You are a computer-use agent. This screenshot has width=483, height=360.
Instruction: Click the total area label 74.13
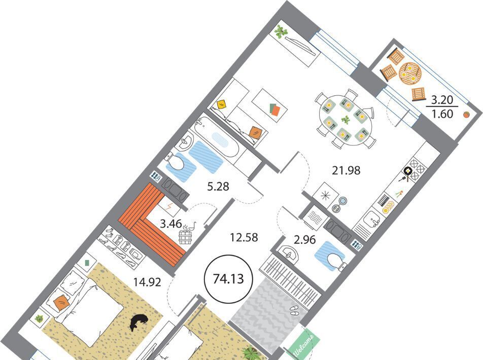[x=228, y=279]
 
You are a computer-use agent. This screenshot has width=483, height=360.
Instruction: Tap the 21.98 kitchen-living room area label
[x=346, y=170]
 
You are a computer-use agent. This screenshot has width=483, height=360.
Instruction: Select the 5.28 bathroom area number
[x=218, y=186]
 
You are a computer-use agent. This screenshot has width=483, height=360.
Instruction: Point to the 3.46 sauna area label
[x=171, y=224]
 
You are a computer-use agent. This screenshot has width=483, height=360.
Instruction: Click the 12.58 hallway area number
[x=244, y=237]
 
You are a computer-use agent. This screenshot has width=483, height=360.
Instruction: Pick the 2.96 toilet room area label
[x=304, y=239]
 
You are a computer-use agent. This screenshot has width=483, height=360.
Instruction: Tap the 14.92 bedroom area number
[x=147, y=282]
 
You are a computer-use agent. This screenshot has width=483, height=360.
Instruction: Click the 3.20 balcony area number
[x=442, y=100]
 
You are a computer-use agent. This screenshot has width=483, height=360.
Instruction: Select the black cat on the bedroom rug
[x=139, y=322]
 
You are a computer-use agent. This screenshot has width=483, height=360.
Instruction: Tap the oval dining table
[x=346, y=119]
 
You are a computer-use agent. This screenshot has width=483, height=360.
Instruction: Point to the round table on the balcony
[x=410, y=74]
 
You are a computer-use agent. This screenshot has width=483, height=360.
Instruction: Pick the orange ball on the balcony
[x=466, y=115]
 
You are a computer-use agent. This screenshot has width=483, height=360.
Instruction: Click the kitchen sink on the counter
[x=372, y=219]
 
